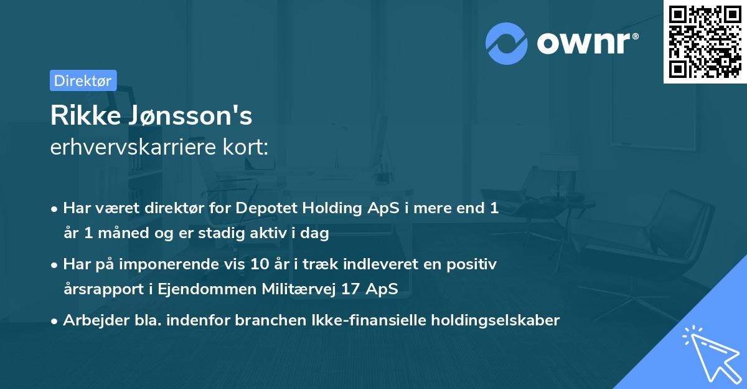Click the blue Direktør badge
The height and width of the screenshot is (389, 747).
point(83,80)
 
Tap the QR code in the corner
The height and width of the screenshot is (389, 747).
point(705,41)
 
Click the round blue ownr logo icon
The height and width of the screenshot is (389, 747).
point(507,43)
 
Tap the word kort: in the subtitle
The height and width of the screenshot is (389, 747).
point(249,148)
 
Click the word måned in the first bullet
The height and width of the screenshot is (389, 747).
point(124,234)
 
